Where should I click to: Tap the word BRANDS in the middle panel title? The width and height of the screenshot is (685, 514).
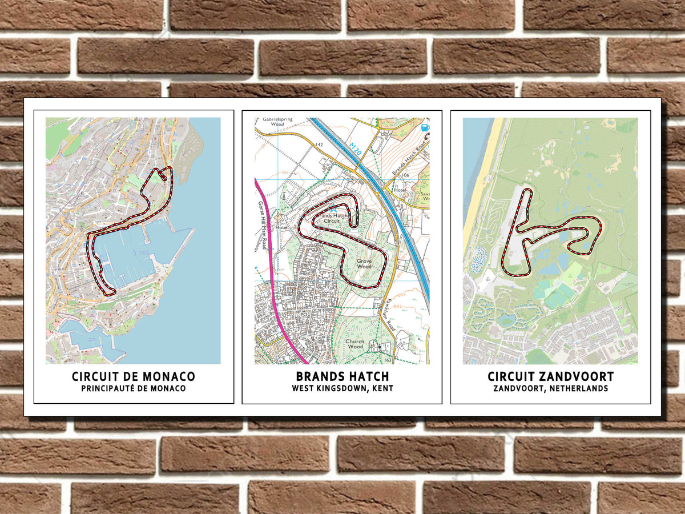point(317,377)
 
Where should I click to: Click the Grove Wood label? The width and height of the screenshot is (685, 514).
point(365,263)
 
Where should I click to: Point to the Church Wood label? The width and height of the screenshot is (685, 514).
point(354,344)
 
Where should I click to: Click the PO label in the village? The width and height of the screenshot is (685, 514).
point(304,314)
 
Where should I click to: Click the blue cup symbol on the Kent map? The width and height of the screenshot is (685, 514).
point(424,127)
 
